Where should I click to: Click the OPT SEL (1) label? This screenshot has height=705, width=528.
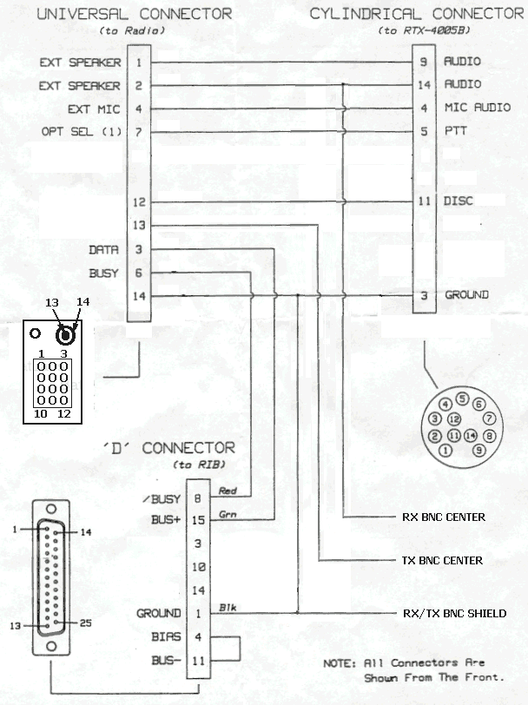(x=81, y=132)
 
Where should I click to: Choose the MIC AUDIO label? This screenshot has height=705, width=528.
(x=477, y=109)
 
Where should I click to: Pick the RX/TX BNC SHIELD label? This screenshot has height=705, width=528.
(x=454, y=614)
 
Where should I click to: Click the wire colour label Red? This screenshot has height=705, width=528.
(x=228, y=491)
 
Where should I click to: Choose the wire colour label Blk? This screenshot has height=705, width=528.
(x=227, y=607)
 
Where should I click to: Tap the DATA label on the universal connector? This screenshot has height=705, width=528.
(x=104, y=250)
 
